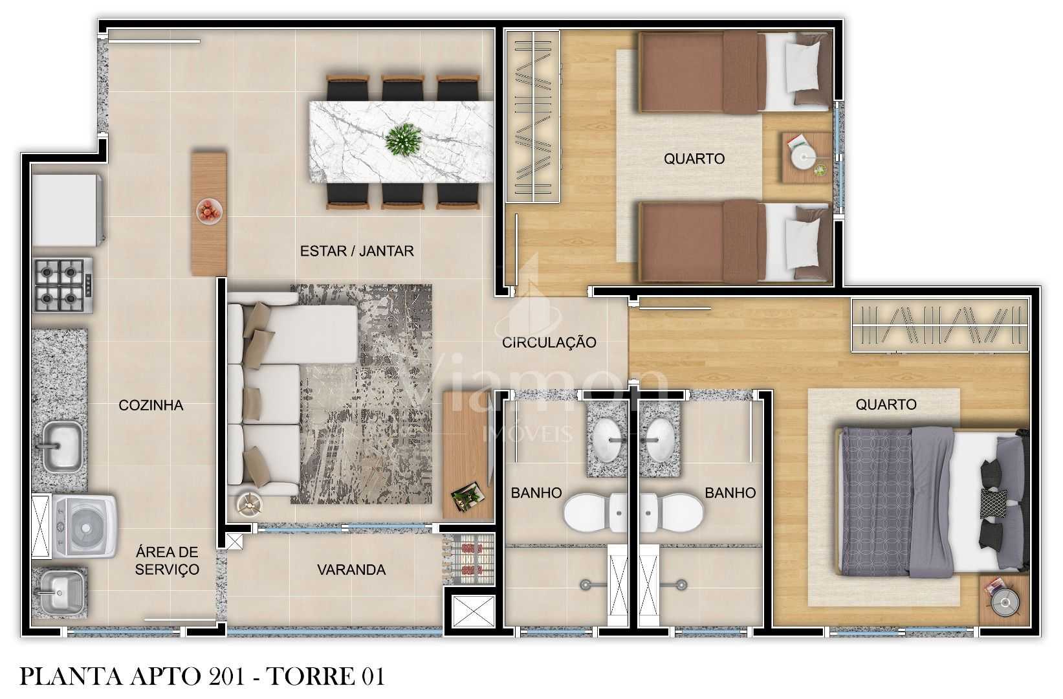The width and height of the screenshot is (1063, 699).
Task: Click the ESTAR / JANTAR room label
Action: pyautogui.click(x=356, y=250)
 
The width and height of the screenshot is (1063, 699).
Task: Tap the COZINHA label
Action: pyautogui.click(x=151, y=405)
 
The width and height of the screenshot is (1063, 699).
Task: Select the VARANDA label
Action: pyautogui.click(x=351, y=570)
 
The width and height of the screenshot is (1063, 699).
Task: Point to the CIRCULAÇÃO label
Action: pyautogui.click(x=549, y=342)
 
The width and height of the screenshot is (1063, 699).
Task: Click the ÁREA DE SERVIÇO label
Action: pyautogui.click(x=167, y=560)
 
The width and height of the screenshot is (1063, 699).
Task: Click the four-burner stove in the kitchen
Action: pyautogui.click(x=63, y=285)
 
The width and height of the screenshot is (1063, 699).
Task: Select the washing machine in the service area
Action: pyautogui.click(x=84, y=526)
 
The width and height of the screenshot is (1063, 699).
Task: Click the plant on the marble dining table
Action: pyautogui.click(x=403, y=139)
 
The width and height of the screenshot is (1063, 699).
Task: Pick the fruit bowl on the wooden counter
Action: pyautogui.click(x=209, y=211)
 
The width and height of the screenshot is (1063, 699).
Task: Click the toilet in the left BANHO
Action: pyautogui.click(x=593, y=512)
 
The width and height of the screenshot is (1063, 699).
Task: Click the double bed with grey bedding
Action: pyautogui.click(x=932, y=501)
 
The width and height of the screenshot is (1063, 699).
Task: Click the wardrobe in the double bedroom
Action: pyautogui.click(x=939, y=325)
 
